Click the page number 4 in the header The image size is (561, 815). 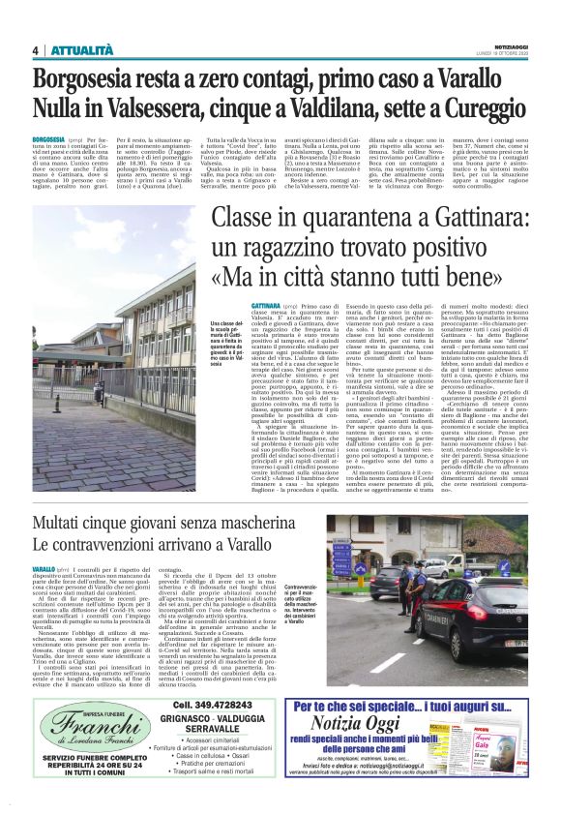tap(35, 50)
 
